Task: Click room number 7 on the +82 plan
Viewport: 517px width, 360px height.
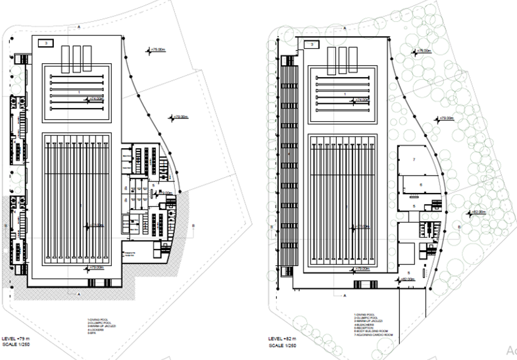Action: (x=414, y=161)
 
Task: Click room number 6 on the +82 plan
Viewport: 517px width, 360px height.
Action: (x=420, y=185)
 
